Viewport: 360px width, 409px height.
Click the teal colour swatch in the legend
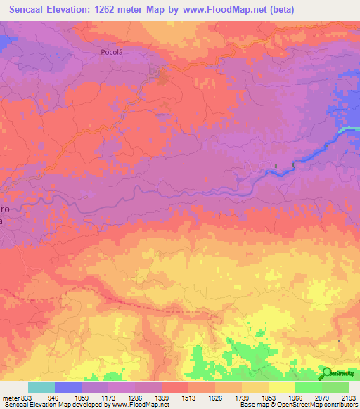click(x=41, y=387)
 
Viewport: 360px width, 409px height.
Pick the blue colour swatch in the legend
click(x=68, y=387)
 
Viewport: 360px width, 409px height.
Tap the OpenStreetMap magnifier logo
click(x=326, y=372)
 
